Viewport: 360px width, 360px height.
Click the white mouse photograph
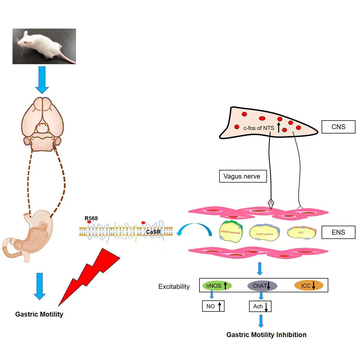pyautogui.click(x=44, y=46)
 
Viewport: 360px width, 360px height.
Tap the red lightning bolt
pyautogui.click(x=90, y=273)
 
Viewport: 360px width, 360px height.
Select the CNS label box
pyautogui.click(x=338, y=127)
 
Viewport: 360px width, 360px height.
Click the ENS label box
pyautogui.click(x=338, y=232)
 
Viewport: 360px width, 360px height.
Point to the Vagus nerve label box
pyautogui.click(x=243, y=176)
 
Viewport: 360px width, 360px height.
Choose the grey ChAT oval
pyautogui.click(x=262, y=286)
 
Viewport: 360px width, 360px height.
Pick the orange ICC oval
pyautogui.click(x=309, y=286)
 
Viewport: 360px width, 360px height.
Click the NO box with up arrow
pyautogui.click(x=213, y=306)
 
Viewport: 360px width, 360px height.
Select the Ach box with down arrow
pyautogui.click(x=260, y=306)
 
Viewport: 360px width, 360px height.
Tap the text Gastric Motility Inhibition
pyautogui.click(x=266, y=335)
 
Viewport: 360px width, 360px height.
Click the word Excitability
pyautogui.click(x=174, y=286)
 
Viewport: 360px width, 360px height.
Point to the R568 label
pyautogui.click(x=91, y=218)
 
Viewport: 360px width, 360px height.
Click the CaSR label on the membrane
pyautogui.click(x=153, y=232)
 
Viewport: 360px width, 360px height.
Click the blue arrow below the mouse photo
pyautogui.click(x=42, y=80)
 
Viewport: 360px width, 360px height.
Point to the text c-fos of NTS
pyautogui.click(x=259, y=128)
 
